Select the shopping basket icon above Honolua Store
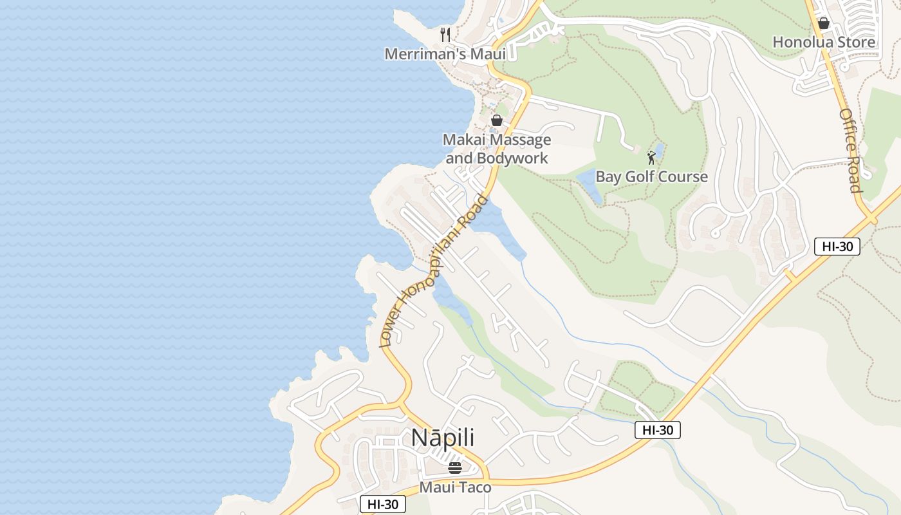(x=823, y=24)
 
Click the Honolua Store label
(x=823, y=42)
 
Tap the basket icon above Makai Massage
(x=497, y=120)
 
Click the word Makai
(x=463, y=140)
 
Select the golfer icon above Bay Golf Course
(x=651, y=157)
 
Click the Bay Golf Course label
(x=651, y=177)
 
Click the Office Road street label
(x=851, y=150)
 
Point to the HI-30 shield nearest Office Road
(x=837, y=246)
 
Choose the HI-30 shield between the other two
(x=657, y=430)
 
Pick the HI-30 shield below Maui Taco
(x=382, y=504)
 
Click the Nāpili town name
(x=443, y=438)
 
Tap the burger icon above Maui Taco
(x=455, y=468)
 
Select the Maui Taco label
(x=455, y=487)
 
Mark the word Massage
(x=521, y=140)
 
